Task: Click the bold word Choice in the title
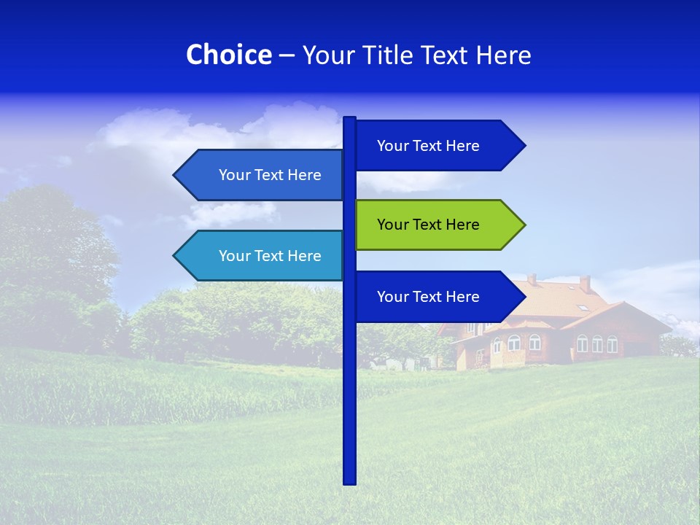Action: [x=228, y=55]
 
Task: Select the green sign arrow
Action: [x=437, y=225]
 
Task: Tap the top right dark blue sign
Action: [x=437, y=146]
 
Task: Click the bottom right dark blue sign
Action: [x=437, y=297]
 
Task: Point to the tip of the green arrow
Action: [x=523, y=225]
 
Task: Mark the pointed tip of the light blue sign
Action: [x=176, y=256]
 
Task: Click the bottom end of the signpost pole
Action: [x=350, y=481]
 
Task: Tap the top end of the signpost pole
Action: [x=350, y=120]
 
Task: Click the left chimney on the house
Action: [x=532, y=279]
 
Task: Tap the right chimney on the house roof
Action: [x=585, y=283]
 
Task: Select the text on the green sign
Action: [x=428, y=225]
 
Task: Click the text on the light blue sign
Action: [x=270, y=256]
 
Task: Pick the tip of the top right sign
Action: [x=524, y=146]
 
